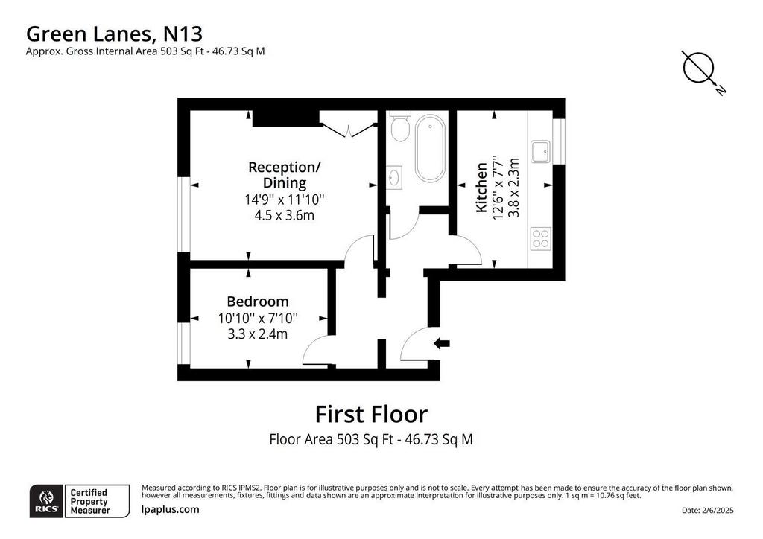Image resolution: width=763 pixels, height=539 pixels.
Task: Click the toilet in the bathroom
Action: click(x=400, y=127)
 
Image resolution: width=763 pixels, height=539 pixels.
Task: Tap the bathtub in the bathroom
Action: click(x=430, y=148)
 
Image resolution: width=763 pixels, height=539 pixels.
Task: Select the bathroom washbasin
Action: click(x=395, y=177)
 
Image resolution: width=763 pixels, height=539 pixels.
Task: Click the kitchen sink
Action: click(x=541, y=152)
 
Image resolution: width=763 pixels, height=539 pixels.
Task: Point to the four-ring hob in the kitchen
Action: click(x=541, y=238)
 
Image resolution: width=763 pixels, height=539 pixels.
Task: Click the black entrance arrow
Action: click(x=442, y=344)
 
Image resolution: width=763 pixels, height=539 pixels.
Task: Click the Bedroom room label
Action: click(x=257, y=302)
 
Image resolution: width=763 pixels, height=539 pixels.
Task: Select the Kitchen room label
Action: click(x=481, y=188)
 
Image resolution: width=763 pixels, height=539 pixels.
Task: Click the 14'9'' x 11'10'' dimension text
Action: click(x=285, y=200)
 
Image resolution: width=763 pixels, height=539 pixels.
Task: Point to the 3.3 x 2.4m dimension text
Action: click(x=257, y=334)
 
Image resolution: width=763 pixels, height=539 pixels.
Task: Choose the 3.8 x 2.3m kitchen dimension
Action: click(x=514, y=188)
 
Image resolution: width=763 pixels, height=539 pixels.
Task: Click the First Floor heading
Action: click(x=371, y=415)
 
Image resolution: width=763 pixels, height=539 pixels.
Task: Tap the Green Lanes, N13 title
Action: click(x=114, y=34)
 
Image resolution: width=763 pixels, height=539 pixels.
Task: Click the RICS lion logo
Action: click(x=47, y=501)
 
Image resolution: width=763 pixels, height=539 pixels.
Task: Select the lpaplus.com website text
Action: click(x=171, y=509)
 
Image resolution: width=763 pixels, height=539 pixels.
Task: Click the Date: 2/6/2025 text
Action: click(x=708, y=510)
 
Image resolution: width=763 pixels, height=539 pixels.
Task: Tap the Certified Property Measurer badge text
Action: click(x=90, y=502)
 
